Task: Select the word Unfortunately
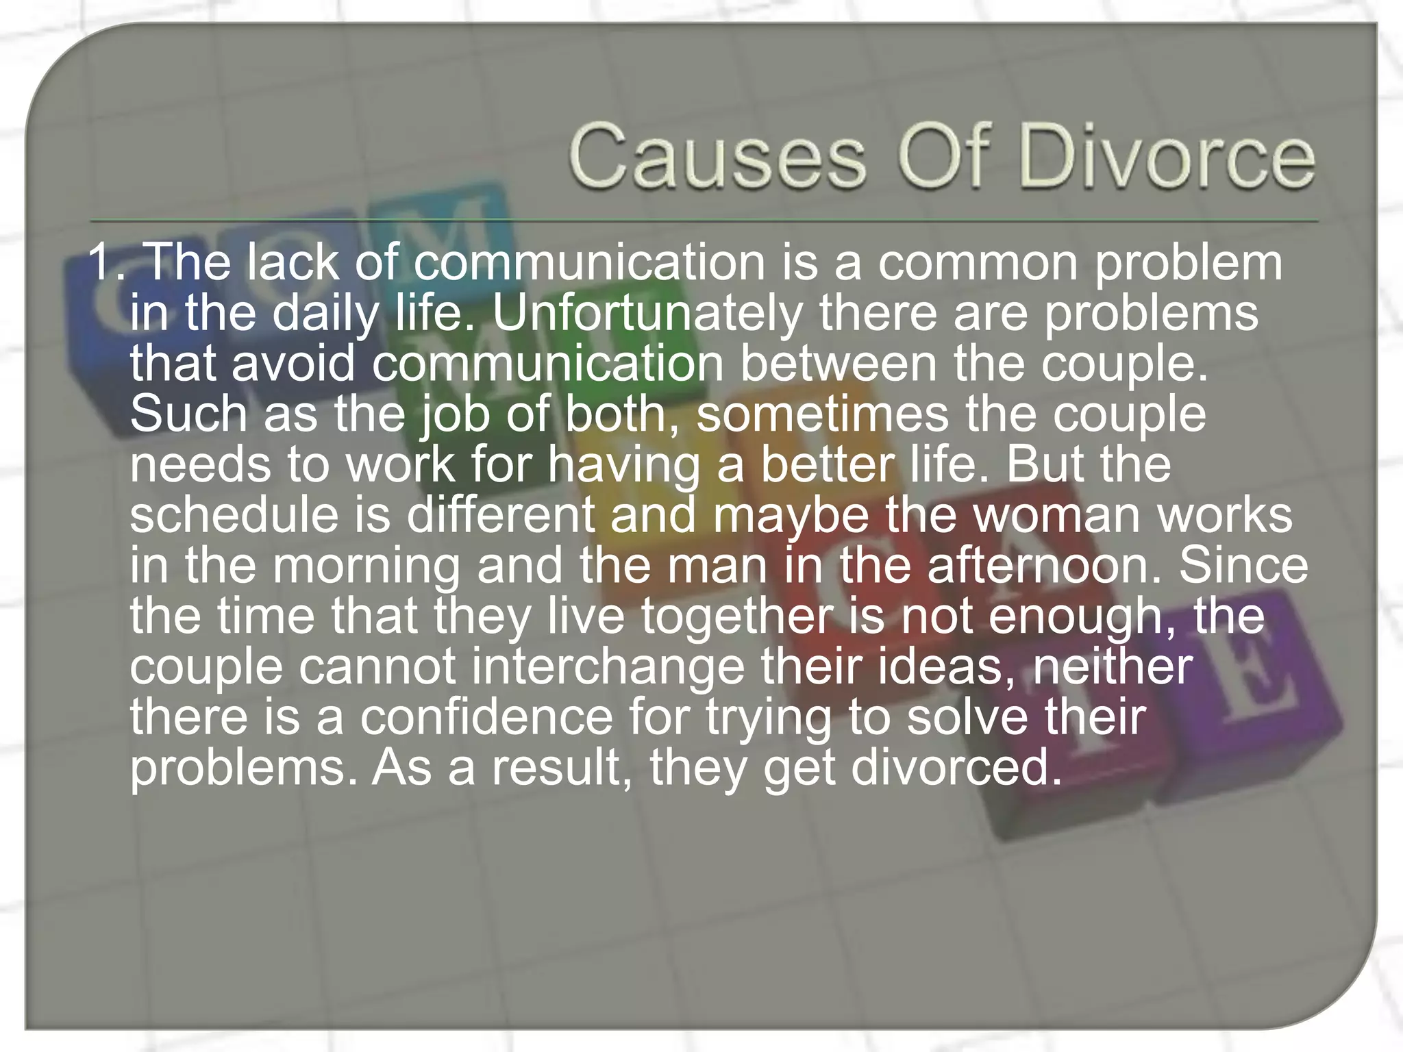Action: tap(647, 314)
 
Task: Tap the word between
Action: tap(837, 364)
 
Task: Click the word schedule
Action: tap(234, 515)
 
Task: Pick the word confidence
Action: tap(486, 717)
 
